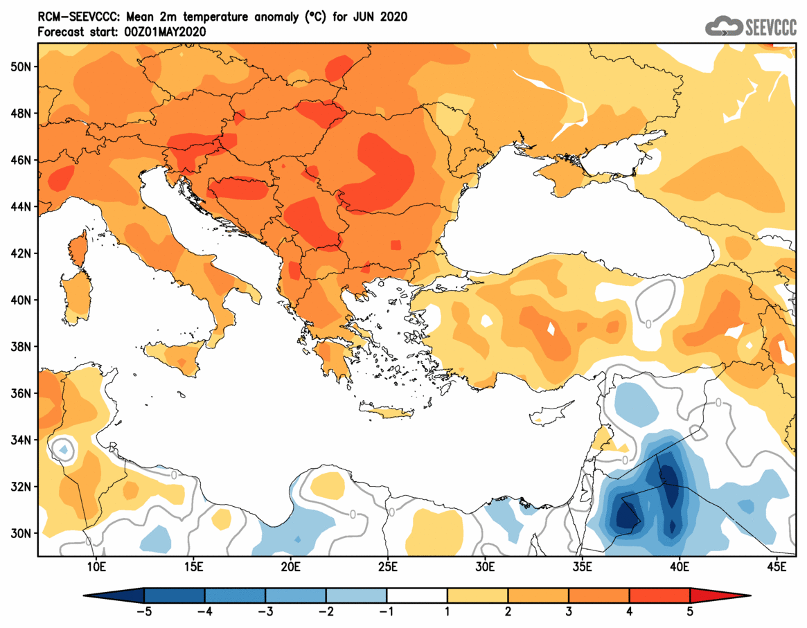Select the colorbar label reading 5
click(x=690, y=611)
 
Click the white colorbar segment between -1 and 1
click(x=417, y=595)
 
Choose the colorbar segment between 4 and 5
click(x=659, y=595)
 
